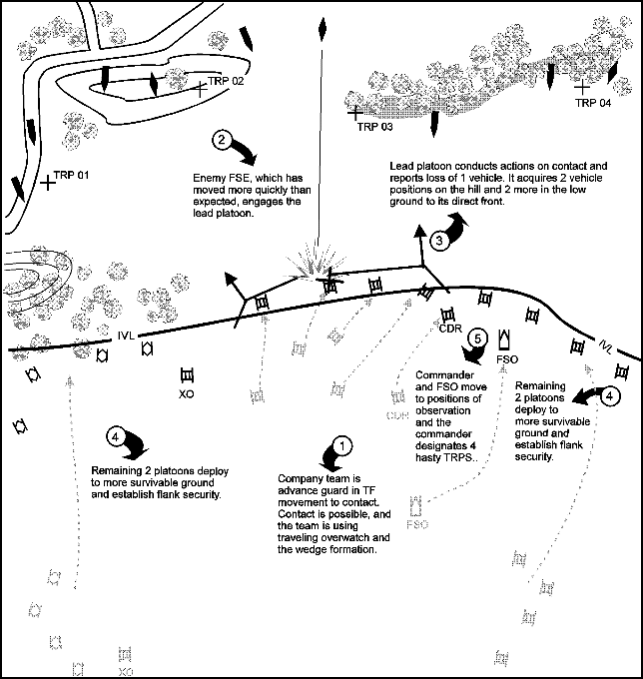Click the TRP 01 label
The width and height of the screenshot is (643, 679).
[x=72, y=175]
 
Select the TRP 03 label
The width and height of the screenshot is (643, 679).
[x=375, y=128]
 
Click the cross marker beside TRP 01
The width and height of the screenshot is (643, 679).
[x=48, y=183]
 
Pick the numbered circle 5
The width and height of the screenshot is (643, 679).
[x=478, y=339]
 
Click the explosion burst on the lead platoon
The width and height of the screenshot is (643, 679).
[x=307, y=265]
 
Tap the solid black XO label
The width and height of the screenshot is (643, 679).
[x=185, y=392]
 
